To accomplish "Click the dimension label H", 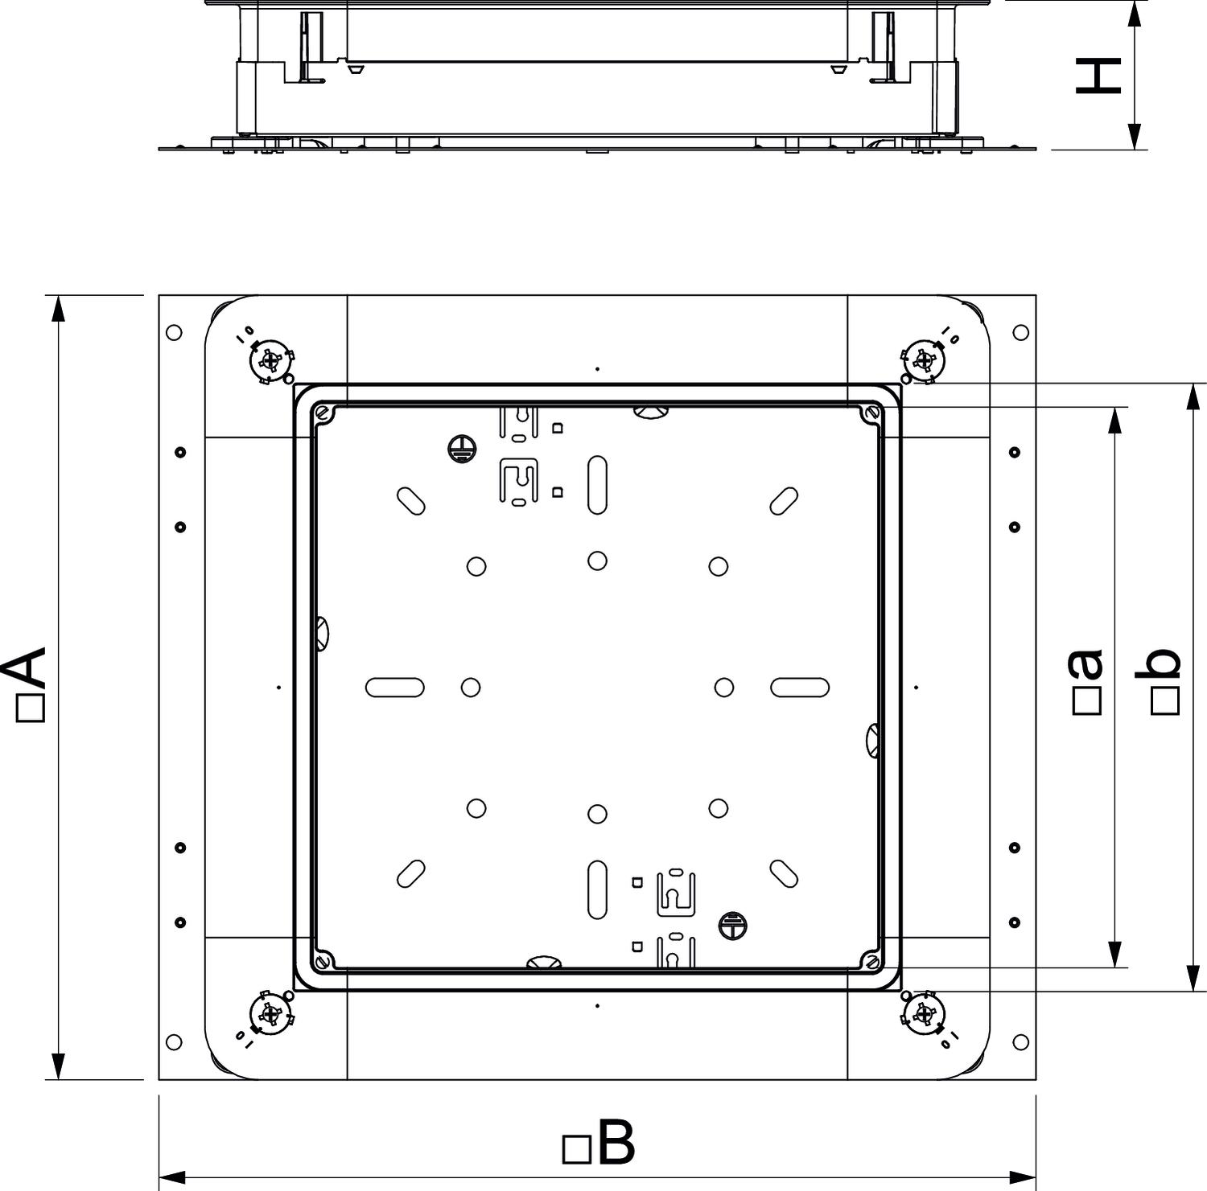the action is (x=1098, y=75).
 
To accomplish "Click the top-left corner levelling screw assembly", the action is (x=271, y=362).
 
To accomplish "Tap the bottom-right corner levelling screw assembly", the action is (x=923, y=1013).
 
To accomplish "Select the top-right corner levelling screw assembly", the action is (x=923, y=362).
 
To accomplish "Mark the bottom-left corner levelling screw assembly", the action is (x=271, y=1013).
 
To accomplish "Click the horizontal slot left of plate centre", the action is (x=395, y=688).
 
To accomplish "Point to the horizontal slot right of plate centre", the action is (x=800, y=688).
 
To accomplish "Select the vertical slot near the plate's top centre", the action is (x=597, y=485).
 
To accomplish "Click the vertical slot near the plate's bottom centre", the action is (x=597, y=889).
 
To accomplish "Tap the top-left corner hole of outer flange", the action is (x=173, y=332).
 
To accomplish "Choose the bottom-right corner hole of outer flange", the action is (x=1020, y=1042).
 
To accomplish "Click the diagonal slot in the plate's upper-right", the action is (x=784, y=501).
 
